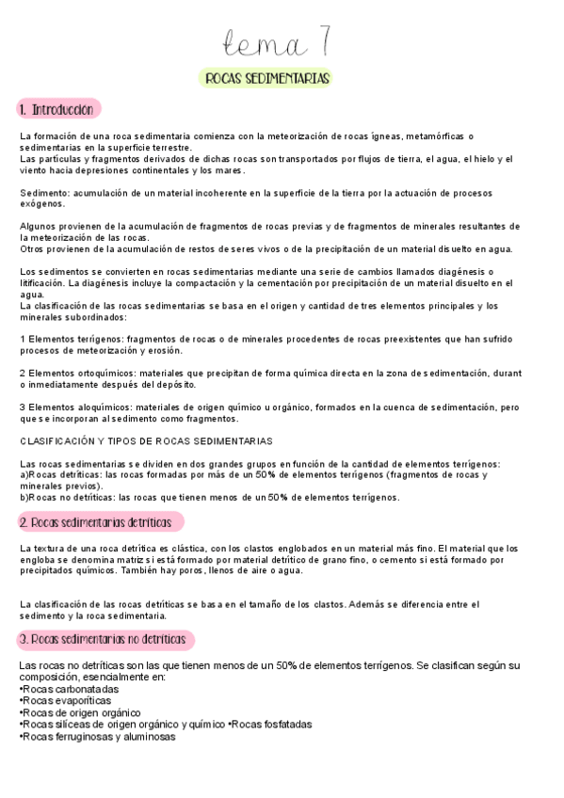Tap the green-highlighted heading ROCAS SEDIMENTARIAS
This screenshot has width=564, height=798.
[267, 79]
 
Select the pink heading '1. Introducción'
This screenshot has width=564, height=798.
[58, 110]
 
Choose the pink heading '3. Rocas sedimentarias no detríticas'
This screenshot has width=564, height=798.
[106, 640]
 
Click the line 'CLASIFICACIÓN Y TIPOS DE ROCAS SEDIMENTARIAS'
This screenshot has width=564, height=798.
[146, 440]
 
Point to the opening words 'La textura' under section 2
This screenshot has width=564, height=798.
[43, 548]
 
